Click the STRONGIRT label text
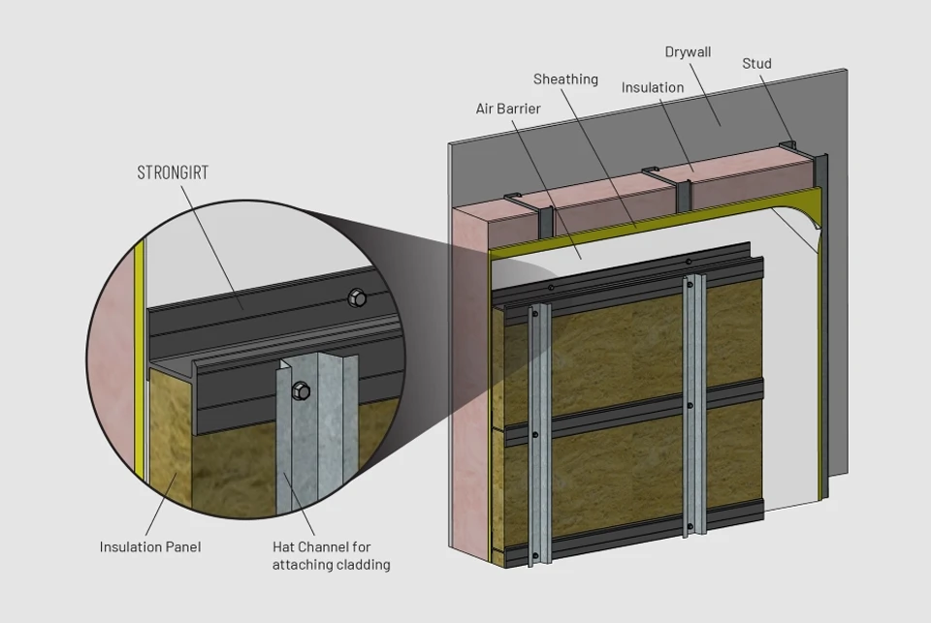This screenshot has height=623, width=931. (x=173, y=172)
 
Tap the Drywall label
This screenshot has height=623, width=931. (x=688, y=52)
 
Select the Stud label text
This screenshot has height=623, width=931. (x=756, y=64)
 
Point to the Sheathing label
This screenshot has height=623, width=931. (x=565, y=78)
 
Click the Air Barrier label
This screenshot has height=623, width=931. (x=508, y=109)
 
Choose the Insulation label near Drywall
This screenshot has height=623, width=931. (x=653, y=88)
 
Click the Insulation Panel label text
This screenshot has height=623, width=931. (x=150, y=547)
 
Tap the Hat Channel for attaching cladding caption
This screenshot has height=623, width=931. (x=332, y=556)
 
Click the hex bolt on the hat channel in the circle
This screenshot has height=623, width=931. (x=301, y=390)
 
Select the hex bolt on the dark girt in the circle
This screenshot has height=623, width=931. (x=357, y=296)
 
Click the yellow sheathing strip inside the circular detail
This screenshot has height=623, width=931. (x=139, y=362)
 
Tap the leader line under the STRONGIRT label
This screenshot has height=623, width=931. (x=212, y=247)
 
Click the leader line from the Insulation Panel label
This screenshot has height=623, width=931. (x=160, y=505)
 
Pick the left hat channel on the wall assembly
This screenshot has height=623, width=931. (x=539, y=434)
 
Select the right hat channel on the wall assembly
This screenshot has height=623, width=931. (x=694, y=405)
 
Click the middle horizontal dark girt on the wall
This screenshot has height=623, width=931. (x=633, y=412)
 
